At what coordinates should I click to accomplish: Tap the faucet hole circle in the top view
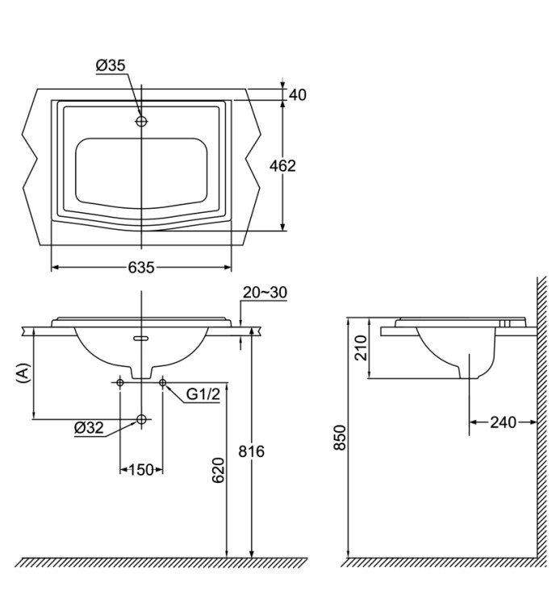pyautogui.click(x=142, y=121)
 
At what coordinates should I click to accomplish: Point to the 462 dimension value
pyautogui.click(x=283, y=166)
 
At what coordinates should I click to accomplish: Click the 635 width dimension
pyautogui.click(x=141, y=268)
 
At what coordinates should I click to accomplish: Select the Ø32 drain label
pyautogui.click(x=90, y=429)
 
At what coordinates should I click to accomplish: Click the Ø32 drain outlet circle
pyautogui.click(x=142, y=419)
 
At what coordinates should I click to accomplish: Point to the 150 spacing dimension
pyautogui.click(x=141, y=469)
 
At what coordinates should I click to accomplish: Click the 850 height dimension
pyautogui.click(x=340, y=439)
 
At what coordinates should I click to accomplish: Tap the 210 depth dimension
pyautogui.click(x=361, y=347)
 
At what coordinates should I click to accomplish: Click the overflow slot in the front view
pyautogui.click(x=142, y=339)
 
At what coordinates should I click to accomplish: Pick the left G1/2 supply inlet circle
pyautogui.click(x=120, y=381)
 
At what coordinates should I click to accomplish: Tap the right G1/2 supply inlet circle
pyautogui.click(x=163, y=381)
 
